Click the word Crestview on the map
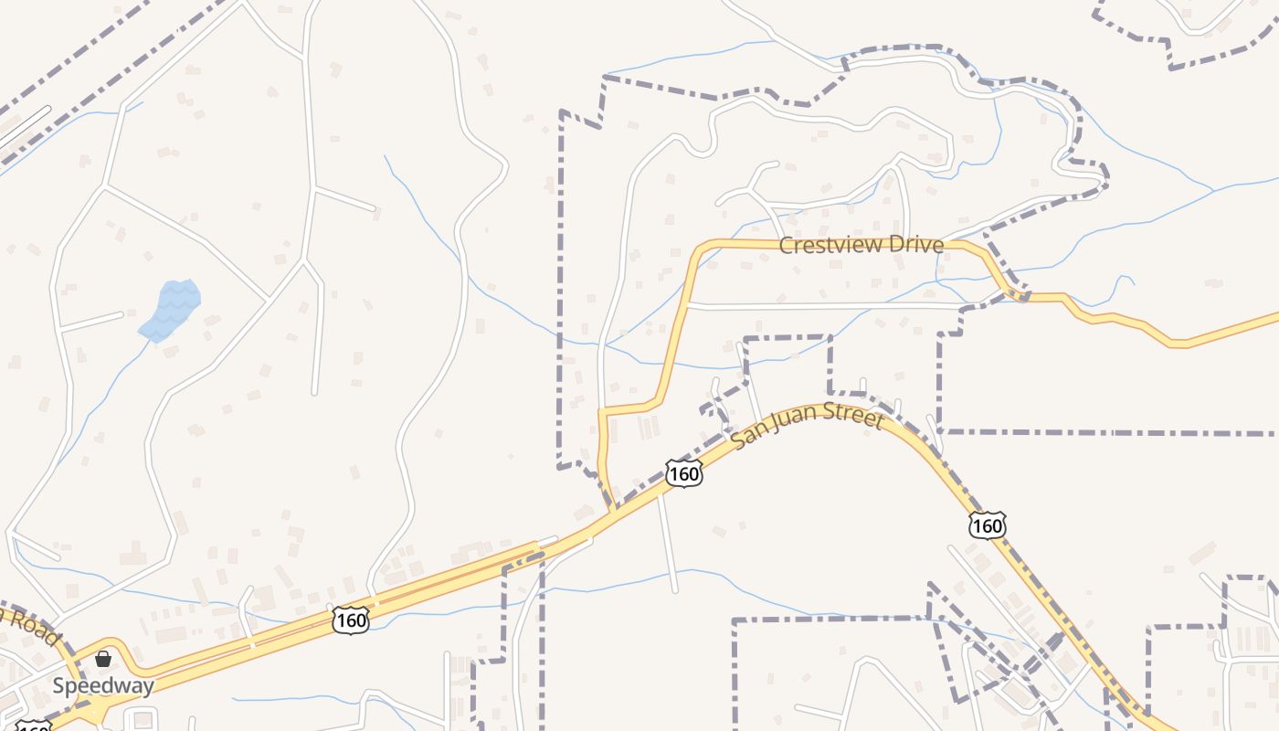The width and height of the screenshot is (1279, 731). pos(823,245)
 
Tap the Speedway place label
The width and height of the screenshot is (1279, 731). pos(102,685)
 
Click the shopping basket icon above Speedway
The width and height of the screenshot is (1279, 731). pos(103,658)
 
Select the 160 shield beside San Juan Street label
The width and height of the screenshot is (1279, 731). pos(683,473)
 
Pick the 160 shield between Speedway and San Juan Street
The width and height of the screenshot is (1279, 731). pos(350,620)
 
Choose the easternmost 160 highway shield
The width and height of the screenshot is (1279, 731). pos(988,525)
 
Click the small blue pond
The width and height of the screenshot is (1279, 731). pos(172,309)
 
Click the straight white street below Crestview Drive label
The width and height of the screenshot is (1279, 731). pos(822,306)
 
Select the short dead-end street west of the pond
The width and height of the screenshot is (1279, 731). pos(91,321)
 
